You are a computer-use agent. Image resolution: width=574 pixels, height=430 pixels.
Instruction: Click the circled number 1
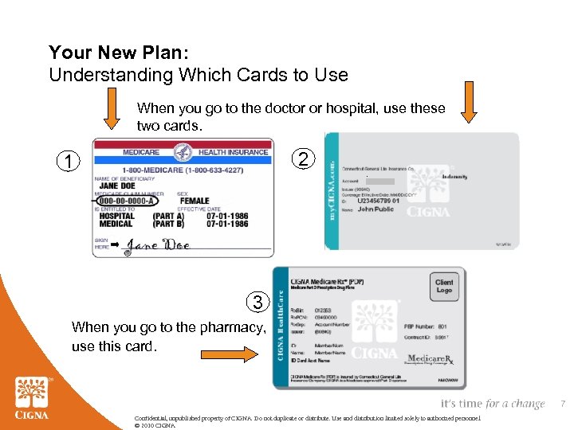coord(69,162)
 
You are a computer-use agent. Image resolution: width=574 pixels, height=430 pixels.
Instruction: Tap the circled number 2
coord(303,159)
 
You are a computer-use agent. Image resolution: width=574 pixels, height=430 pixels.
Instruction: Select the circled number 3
coord(257,303)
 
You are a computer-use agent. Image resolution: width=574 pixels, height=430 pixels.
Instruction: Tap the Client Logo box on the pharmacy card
coord(444,286)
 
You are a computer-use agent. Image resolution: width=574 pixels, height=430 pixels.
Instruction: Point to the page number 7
coord(561,405)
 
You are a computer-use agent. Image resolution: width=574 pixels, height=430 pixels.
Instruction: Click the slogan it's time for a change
coord(492,405)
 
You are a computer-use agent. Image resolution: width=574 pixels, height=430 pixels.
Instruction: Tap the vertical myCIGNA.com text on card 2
coord(330,190)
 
